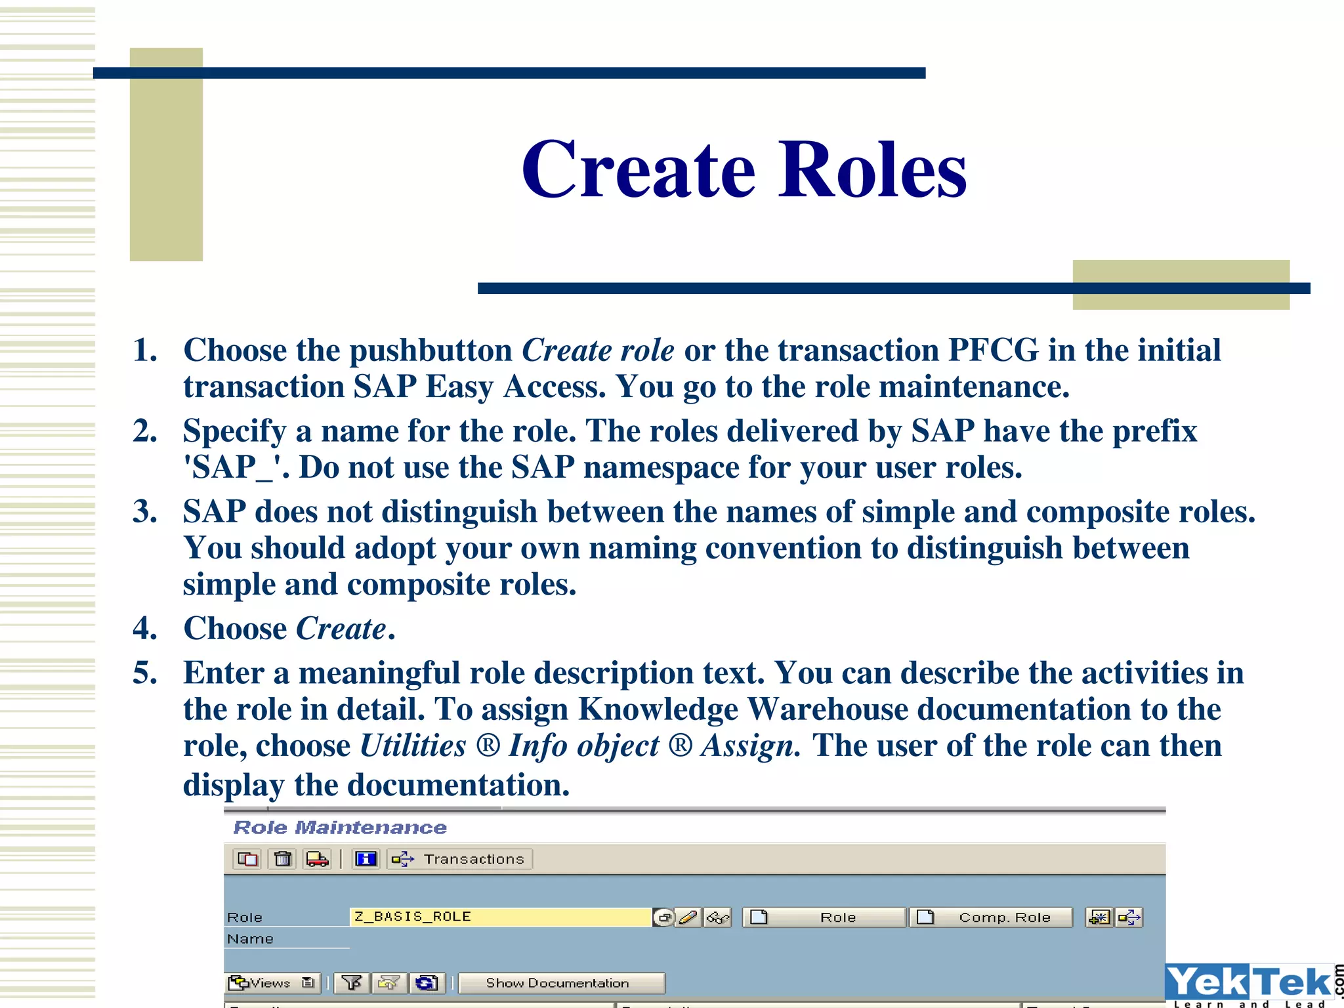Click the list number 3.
click(x=144, y=512)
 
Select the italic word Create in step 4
click(x=341, y=629)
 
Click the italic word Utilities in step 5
click(x=413, y=746)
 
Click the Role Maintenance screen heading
click(x=340, y=828)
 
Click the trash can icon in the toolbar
click(x=283, y=859)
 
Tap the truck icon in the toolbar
click(x=318, y=859)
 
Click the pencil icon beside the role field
click(x=688, y=917)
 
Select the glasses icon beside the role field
click(x=717, y=917)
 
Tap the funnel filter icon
click(x=352, y=983)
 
